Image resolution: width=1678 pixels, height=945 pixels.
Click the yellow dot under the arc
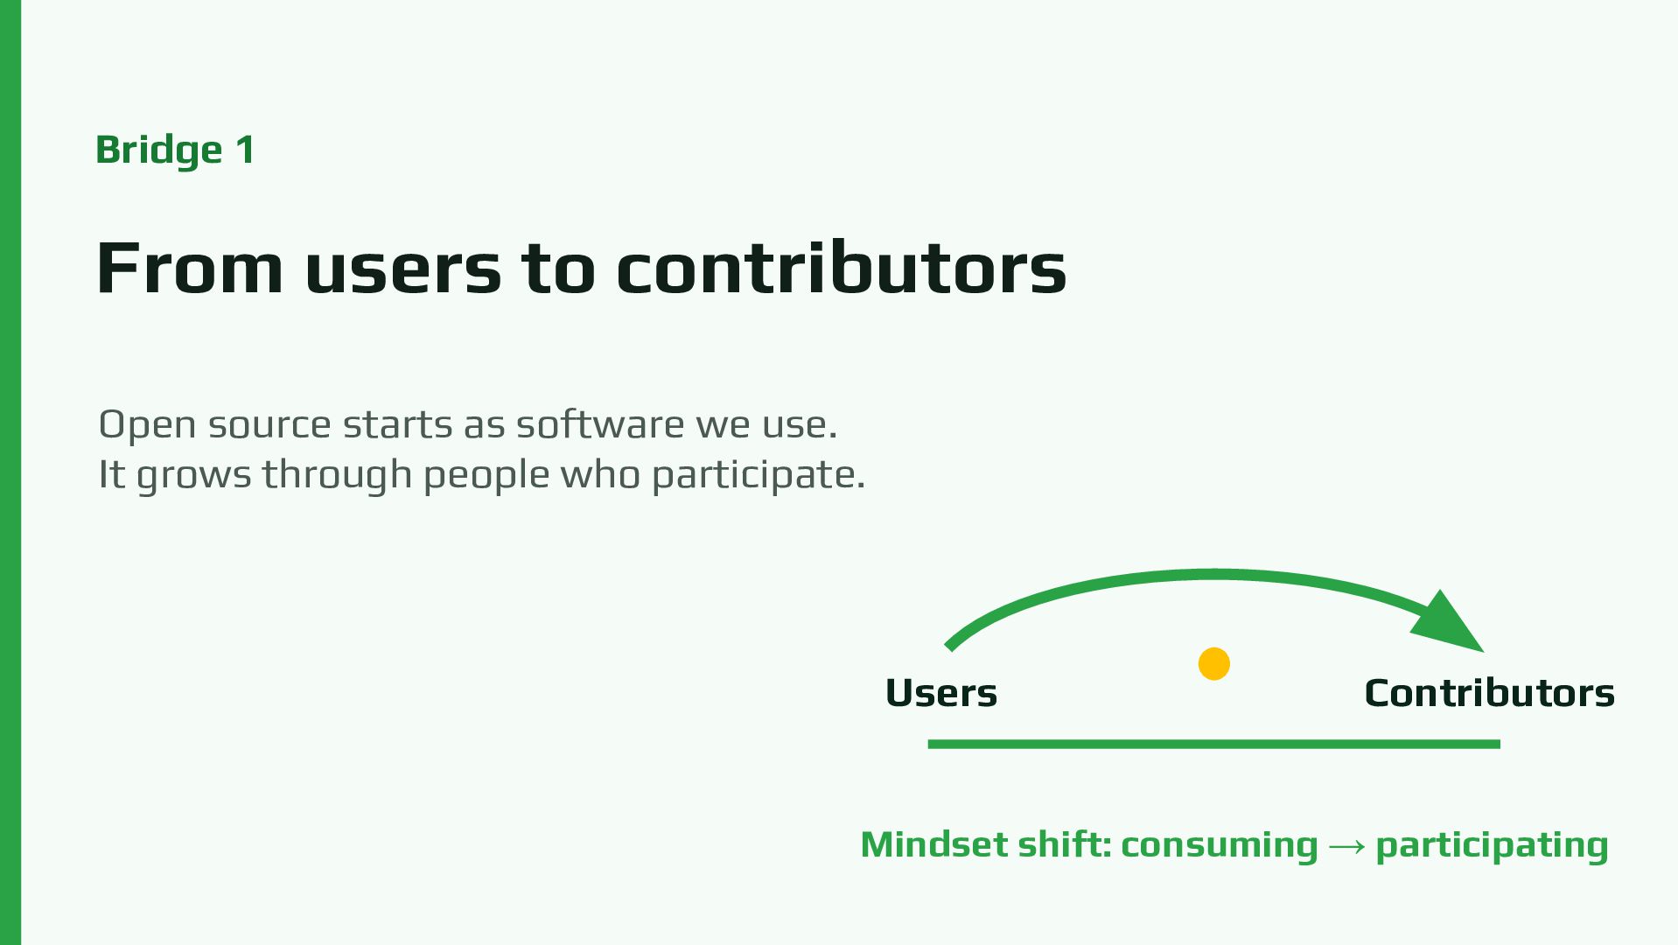point(1213,663)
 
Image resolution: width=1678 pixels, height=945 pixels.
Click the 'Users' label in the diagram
point(941,693)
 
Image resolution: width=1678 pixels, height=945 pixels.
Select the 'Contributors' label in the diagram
point(1489,693)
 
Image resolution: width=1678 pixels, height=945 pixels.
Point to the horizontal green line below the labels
point(1213,744)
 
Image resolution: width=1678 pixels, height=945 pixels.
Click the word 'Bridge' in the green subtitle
point(159,150)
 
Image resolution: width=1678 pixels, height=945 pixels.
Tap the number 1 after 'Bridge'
point(245,149)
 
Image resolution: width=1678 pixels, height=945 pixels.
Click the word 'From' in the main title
point(190,268)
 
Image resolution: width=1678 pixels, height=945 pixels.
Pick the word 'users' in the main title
point(403,273)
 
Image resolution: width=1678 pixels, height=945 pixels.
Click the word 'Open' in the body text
point(147,425)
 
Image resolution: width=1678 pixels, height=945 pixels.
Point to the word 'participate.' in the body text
point(759,476)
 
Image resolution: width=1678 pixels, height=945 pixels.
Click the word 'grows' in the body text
point(193,478)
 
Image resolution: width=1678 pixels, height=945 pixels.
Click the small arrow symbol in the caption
point(1346,846)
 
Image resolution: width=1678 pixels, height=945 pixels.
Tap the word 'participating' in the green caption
point(1492,846)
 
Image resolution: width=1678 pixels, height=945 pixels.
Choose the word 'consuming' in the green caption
point(1219,846)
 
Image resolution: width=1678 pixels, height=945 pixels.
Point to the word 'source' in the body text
point(269,427)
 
